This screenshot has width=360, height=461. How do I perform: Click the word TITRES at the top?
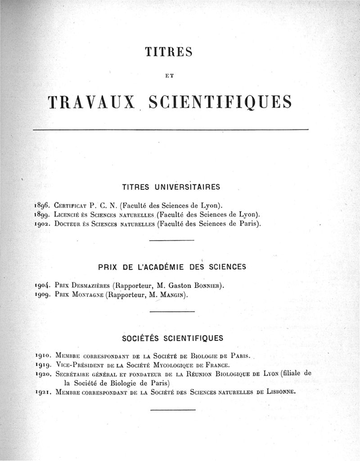[169, 52]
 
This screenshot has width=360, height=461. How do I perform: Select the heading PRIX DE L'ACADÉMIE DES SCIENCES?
[172, 267]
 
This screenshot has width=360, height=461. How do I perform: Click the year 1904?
[42, 285]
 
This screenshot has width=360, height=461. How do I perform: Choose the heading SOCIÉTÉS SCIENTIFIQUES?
[173, 337]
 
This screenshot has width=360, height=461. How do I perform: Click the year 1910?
[42, 355]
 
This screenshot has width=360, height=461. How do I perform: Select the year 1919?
[42, 364]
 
